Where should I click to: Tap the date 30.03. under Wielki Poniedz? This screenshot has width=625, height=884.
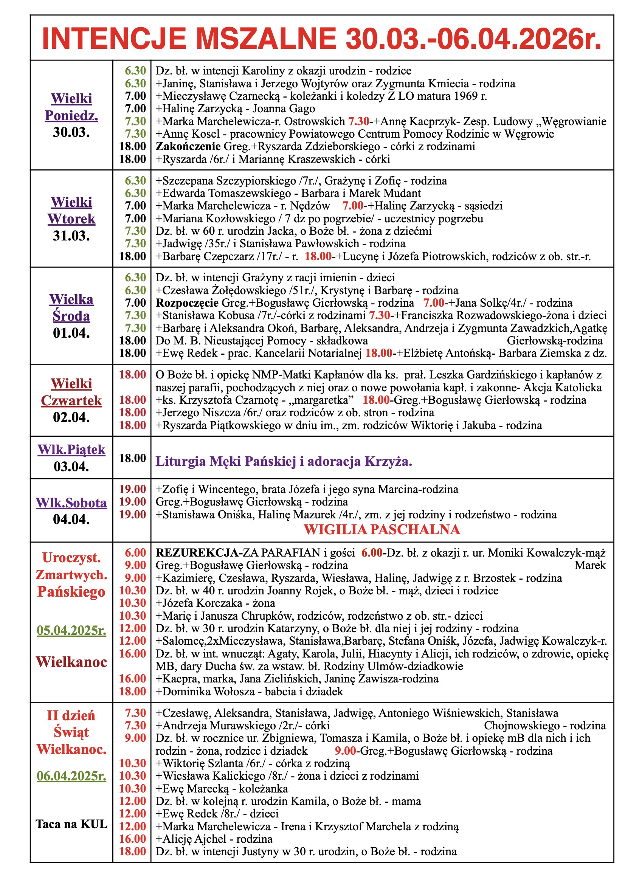coord(71,132)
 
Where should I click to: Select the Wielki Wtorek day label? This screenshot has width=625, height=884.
coord(71,210)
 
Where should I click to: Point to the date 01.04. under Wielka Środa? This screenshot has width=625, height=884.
coord(71,333)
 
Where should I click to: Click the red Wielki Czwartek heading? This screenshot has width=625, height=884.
coord(71,392)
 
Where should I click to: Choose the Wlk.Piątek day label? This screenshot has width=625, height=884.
coord(71,449)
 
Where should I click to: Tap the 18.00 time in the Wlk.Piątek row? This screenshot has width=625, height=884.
coord(132,458)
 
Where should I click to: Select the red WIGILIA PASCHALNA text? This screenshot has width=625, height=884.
coord(382,529)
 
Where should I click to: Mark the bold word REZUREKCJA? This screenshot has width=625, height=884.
coord(197,552)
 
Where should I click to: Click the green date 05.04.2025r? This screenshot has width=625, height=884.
coord(71,630)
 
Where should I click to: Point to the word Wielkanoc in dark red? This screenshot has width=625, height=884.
coord(71,662)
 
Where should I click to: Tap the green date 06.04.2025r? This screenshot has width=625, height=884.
coord(71,776)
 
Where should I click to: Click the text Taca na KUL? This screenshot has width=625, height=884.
coord(71,824)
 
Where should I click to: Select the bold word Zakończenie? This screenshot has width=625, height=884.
coord(188,146)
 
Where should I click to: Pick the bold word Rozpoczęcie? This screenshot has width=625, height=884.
coord(187,302)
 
